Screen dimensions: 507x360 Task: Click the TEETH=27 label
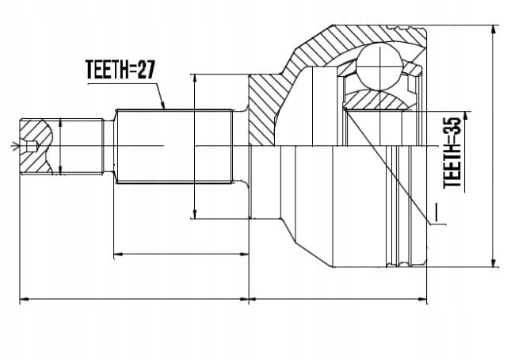[120, 69]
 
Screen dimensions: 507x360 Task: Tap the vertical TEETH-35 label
[452, 152]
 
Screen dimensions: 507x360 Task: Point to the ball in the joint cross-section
[379, 67]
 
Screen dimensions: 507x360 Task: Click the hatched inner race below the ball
[376, 100]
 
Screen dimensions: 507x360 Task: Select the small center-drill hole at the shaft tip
[32, 147]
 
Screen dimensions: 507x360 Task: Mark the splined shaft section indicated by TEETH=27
[174, 147]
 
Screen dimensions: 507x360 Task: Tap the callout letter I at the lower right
[436, 213]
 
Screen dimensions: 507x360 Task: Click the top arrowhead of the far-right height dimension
[493, 30]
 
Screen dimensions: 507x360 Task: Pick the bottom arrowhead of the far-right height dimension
[493, 262]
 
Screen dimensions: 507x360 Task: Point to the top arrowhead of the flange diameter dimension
[194, 79]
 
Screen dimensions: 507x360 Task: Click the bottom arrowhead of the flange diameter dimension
[194, 214]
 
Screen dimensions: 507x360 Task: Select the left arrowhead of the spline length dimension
[119, 254]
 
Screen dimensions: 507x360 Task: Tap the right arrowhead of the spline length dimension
[244, 254]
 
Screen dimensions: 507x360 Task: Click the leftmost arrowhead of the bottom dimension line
[25, 299]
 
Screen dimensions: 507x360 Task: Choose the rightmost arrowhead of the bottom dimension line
[422, 299]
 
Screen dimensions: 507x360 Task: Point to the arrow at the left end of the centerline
[14, 146]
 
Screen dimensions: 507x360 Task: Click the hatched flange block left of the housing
[262, 110]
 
